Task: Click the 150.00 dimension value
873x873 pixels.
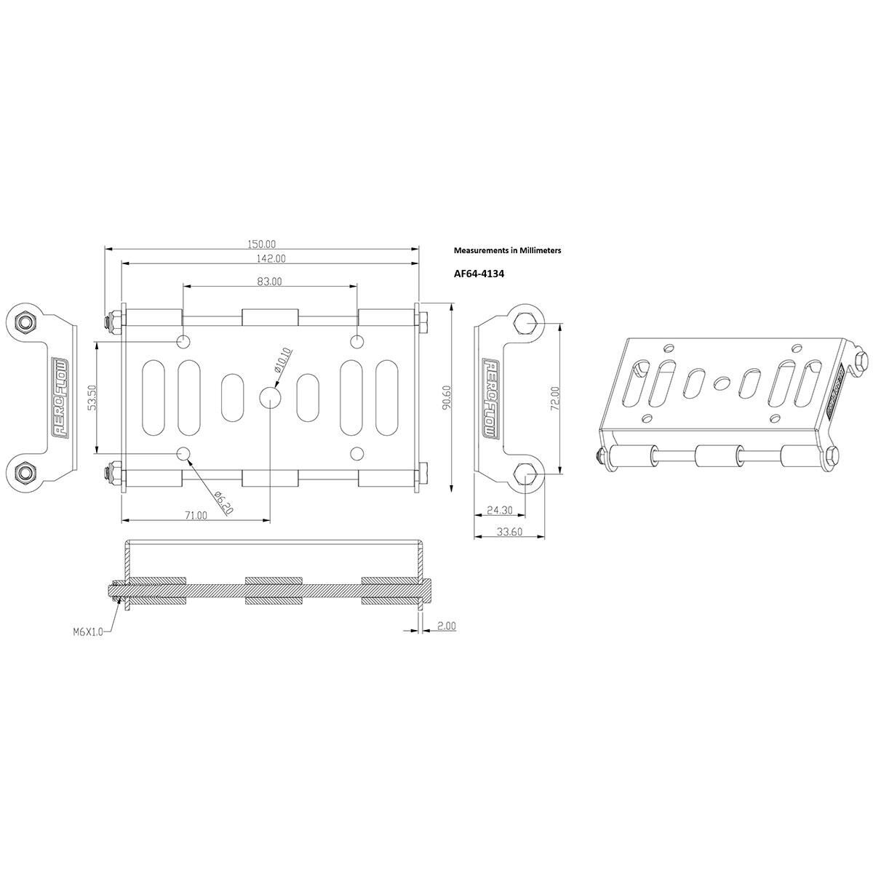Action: [263, 244]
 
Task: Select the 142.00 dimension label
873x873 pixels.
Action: [270, 258]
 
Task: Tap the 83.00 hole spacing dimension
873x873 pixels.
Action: [269, 281]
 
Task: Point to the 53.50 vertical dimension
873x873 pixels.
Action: [92, 398]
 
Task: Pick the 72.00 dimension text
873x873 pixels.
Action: [555, 398]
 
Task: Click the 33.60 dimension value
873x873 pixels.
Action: [509, 532]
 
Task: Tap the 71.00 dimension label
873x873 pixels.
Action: [195, 515]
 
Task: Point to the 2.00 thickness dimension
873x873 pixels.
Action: [446, 626]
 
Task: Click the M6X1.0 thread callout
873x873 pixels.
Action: [88, 632]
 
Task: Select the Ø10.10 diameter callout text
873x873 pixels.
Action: [284, 360]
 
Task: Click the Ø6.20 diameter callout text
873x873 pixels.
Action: [223, 502]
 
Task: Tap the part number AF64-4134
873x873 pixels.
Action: [479, 275]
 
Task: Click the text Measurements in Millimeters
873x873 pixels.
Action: [507, 250]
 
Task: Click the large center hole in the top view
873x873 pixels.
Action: [270, 397]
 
